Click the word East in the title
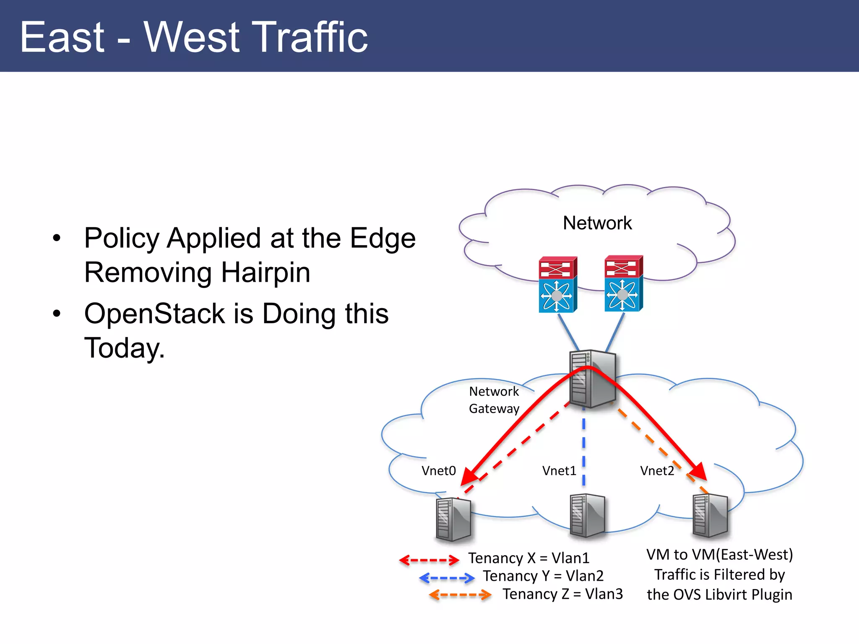point(62,38)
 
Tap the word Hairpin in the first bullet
point(266,273)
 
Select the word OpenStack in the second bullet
point(155,314)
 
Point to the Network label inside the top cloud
point(597,223)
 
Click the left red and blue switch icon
point(557,285)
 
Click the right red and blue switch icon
point(623,284)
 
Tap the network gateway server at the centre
point(592,379)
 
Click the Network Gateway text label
point(494,400)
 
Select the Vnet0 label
point(438,471)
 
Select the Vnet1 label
point(559,471)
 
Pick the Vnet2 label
point(656,471)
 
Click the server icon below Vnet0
point(453,519)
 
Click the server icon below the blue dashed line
point(587,516)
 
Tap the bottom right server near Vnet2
point(710,516)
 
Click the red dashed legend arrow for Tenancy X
point(429,560)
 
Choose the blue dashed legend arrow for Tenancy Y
point(447,578)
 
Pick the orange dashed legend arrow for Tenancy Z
point(460,595)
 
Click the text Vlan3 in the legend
point(604,594)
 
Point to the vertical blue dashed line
point(583,449)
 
